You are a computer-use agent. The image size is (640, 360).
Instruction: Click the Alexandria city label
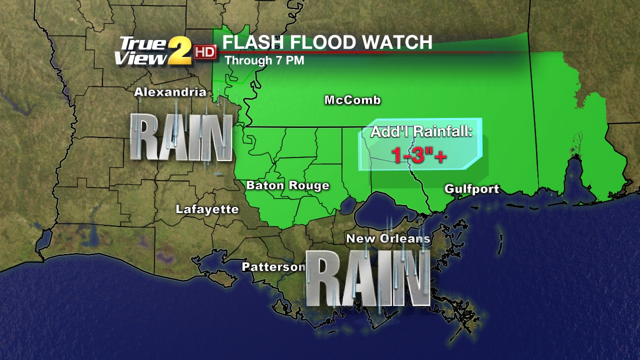[170, 92]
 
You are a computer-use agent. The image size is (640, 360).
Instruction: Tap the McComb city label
[352, 100]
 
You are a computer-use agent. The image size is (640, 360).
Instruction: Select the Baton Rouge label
[287, 186]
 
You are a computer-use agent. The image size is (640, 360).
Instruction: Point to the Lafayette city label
[207, 209]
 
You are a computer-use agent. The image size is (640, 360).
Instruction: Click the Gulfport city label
[472, 189]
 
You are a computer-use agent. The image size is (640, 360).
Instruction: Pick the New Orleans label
[388, 239]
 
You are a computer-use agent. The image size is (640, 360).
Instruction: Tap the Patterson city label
[273, 267]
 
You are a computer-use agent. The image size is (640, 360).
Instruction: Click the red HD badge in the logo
[205, 51]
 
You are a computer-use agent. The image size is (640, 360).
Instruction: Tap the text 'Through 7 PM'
[264, 61]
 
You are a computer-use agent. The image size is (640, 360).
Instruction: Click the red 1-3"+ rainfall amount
[419, 156]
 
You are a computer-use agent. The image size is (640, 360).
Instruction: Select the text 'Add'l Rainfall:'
[421, 133]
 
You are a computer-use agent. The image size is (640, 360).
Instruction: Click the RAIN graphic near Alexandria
[182, 137]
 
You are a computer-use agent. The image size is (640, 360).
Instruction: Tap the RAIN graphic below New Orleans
[367, 278]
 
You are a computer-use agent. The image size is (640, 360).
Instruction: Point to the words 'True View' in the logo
[141, 51]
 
